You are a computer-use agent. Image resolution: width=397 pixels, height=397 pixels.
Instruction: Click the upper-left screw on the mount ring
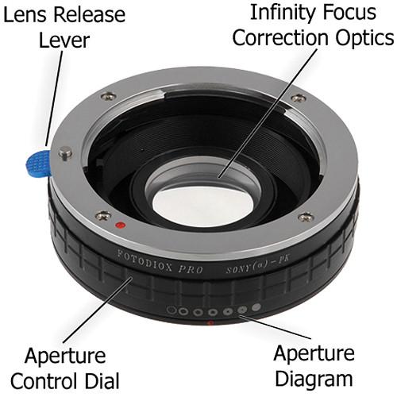[x=108, y=98]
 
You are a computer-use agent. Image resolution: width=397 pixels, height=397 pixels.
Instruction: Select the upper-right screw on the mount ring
[x=297, y=98]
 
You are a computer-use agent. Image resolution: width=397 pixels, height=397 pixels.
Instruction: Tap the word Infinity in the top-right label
[x=278, y=13]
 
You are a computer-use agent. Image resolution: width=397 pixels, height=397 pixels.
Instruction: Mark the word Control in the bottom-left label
[x=56, y=378]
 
